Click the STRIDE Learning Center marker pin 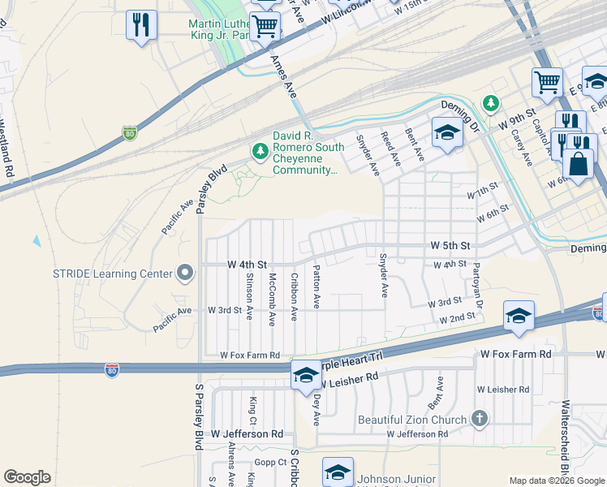click(x=186, y=274)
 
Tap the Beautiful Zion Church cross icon click(x=479, y=420)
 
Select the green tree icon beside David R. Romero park click(x=260, y=151)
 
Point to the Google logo click(x=27, y=477)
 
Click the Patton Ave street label click(x=316, y=289)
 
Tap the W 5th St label click(x=450, y=245)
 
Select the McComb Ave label click(x=273, y=296)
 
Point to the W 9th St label click(x=519, y=119)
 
